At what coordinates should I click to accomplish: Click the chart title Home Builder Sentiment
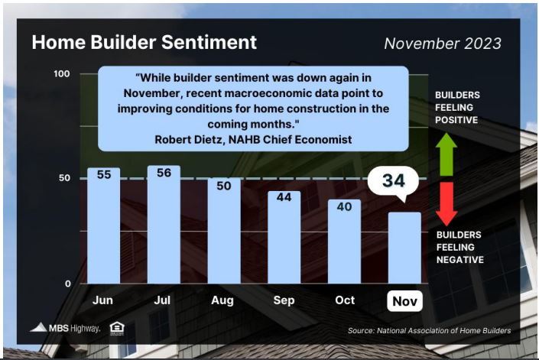coord(144,42)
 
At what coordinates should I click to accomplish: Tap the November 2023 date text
coord(443,44)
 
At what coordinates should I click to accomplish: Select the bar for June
coord(104,225)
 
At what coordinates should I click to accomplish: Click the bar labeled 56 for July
coord(164,225)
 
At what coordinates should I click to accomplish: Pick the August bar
coord(224,231)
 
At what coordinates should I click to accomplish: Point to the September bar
coord(284,238)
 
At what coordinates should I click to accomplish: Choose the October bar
coord(345,242)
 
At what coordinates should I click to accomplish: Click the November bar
coord(404,248)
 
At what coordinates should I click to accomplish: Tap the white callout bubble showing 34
coord(393,181)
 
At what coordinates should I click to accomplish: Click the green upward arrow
coord(446,154)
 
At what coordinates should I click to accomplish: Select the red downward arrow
coord(446,204)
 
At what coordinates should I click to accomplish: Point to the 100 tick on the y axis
coord(61,74)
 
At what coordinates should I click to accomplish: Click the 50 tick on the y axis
coord(64,178)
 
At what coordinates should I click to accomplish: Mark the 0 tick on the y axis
coord(68,284)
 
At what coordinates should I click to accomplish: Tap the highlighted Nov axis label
coord(405,301)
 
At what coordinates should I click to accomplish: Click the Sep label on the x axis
coord(284,300)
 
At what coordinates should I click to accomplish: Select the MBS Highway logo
coord(65,328)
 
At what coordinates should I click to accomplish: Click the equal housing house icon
coord(117,329)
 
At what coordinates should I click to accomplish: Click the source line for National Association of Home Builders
coord(430,330)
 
